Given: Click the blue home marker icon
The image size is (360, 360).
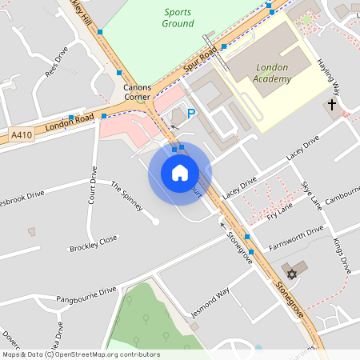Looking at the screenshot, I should coord(180,173).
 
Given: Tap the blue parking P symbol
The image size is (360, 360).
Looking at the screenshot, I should coord(191,114).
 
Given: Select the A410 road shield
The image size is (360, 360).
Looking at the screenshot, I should coord(22,137).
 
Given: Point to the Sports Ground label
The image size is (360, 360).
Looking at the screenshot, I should coord(178,18).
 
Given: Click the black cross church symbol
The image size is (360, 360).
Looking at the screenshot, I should coord(332,105).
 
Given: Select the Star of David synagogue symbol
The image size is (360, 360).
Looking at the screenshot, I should coord(292,274).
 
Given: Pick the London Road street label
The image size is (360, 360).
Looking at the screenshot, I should coord(64,123).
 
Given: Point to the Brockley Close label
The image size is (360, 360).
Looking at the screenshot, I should coord(94,243).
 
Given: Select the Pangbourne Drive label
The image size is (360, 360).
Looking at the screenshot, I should coord(86,295).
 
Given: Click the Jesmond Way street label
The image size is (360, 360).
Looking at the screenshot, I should coord(210,302).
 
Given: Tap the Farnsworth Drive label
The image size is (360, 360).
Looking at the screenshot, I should coord(297,234).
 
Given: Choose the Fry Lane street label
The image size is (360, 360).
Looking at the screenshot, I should coord(280,210).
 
